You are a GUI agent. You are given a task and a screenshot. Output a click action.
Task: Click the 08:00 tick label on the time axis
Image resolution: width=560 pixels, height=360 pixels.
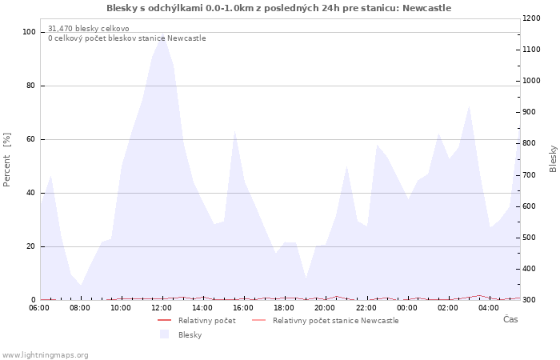81,308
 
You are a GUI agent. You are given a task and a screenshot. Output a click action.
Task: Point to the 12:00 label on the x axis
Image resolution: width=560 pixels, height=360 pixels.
162,308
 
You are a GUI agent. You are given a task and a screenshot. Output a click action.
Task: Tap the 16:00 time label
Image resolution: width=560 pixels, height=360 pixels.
243,308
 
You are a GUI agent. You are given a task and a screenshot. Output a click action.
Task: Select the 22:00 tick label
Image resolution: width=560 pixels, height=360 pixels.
366,308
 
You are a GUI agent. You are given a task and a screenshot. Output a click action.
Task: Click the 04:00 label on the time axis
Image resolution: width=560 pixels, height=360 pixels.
488,308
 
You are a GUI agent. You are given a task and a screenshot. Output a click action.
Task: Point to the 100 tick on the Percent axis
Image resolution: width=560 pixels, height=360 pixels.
30,32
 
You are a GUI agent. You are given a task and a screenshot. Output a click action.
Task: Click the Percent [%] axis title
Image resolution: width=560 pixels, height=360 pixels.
7,160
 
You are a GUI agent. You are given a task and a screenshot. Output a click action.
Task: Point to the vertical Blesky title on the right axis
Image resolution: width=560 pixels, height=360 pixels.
553,158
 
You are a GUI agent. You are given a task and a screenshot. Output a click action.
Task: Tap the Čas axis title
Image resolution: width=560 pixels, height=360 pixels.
510,320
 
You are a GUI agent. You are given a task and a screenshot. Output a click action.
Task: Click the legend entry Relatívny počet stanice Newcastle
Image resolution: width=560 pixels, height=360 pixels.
335,321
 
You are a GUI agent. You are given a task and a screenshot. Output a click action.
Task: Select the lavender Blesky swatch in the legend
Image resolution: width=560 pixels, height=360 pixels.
165,334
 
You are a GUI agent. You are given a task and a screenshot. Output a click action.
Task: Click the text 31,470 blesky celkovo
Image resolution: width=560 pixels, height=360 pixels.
88,29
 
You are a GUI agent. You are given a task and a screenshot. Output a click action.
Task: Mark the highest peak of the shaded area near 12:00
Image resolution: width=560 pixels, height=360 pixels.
162,37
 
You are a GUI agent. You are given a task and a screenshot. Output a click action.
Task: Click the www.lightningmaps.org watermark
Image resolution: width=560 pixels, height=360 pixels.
46,355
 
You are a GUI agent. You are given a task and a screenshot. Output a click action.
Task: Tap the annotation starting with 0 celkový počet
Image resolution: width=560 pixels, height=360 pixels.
126,38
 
